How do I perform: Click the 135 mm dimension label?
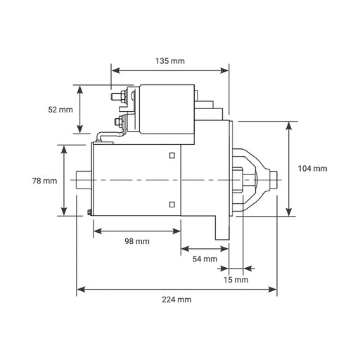click(x=170, y=61)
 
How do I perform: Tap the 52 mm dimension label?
click(x=60, y=110)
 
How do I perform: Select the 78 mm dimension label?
click(x=44, y=181)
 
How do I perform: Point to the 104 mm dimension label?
click(x=312, y=169)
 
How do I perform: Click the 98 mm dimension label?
click(x=137, y=241)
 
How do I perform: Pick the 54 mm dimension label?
click(x=205, y=259)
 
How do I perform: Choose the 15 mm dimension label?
click(x=236, y=280)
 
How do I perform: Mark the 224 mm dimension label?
click(x=176, y=300)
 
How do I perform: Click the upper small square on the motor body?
click(x=172, y=155)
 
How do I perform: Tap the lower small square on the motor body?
click(x=172, y=205)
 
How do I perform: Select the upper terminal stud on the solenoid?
click(x=115, y=96)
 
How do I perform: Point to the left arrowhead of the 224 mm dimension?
click(x=81, y=290)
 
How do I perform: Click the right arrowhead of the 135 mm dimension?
click(x=224, y=70)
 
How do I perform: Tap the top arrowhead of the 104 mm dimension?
click(x=289, y=126)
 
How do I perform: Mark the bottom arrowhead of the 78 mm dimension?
click(x=64, y=211)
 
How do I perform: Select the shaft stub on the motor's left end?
click(x=84, y=180)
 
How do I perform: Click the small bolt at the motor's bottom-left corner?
click(x=89, y=212)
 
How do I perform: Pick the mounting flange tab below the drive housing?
click(x=222, y=228)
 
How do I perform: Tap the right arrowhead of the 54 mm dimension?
click(x=224, y=249)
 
